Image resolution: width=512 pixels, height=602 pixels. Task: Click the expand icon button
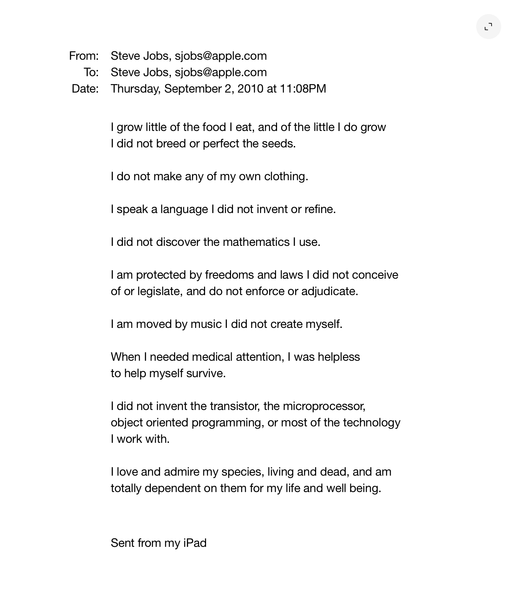488,27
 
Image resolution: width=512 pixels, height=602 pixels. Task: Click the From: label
84,56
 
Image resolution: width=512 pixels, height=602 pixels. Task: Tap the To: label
91,73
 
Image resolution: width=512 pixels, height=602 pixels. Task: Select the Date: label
85,89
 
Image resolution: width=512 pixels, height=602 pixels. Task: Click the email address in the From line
221,56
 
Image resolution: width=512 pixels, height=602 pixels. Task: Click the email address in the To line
221,73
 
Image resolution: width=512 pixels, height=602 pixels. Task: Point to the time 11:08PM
303,89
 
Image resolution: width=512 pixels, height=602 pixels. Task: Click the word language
184,209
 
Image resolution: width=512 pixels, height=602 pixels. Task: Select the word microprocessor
324,406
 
